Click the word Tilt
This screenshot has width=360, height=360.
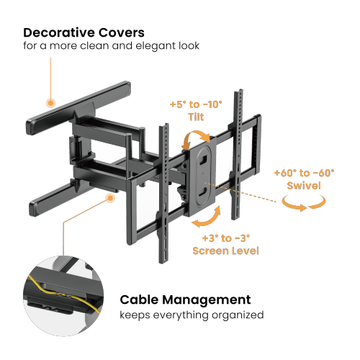pos(197,117)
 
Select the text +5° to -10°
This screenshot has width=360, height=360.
pos(197,104)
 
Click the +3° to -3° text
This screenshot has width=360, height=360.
pos(225,238)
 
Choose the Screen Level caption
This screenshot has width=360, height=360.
pos(225,251)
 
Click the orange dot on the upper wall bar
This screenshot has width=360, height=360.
pos(50,103)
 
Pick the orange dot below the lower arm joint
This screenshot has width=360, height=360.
pos(111,198)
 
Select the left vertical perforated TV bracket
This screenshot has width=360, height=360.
pos(163,180)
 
